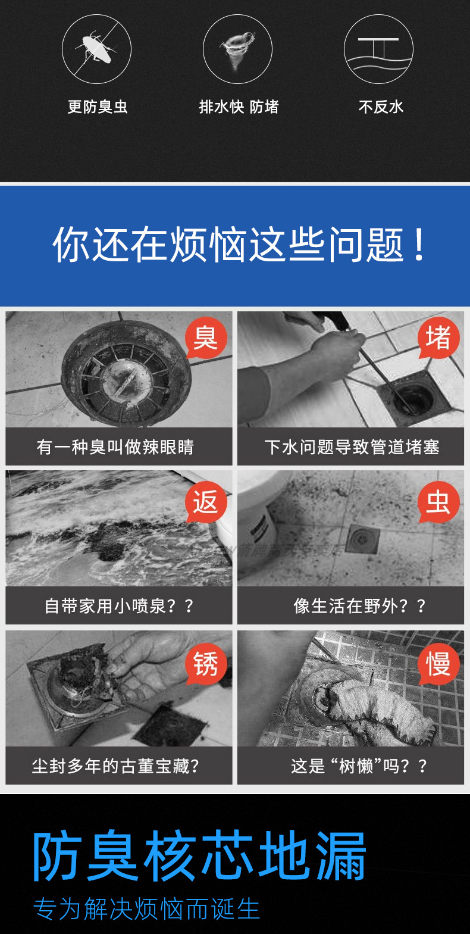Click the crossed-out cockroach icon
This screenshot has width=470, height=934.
[96, 49]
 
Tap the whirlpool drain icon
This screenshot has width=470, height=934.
[237, 49]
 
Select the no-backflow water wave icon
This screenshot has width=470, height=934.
[378, 49]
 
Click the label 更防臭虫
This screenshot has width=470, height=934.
[98, 107]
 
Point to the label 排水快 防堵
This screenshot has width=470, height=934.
[239, 107]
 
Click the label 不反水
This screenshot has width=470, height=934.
[381, 107]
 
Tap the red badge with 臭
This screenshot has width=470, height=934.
[206, 338]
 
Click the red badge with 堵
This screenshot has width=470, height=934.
[438, 338]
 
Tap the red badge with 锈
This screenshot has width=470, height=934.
[206, 663]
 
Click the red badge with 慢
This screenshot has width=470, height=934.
[438, 663]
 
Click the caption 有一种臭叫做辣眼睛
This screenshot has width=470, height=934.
[115, 447]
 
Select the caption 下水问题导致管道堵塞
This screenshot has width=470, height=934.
[352, 447]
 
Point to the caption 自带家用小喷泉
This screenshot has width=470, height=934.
[119, 606]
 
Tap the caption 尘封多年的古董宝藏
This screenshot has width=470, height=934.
[115, 766]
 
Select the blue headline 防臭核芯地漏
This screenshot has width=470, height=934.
[199, 857]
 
